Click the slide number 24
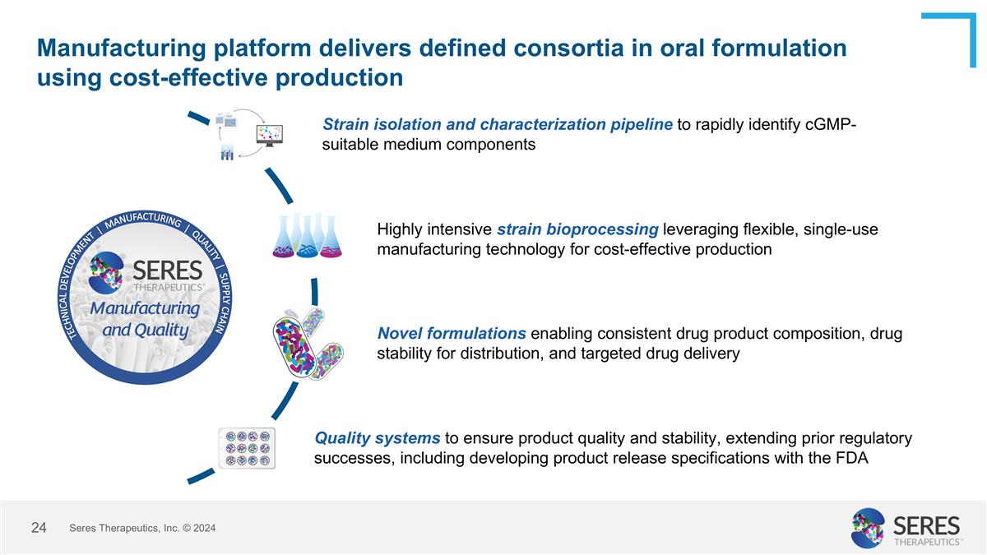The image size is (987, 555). pyautogui.click(x=39, y=528)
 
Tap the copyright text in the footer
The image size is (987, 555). pyautogui.click(x=142, y=529)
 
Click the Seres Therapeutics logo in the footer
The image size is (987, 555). pyautogui.click(x=906, y=528)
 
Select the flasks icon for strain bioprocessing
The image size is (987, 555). pyautogui.click(x=307, y=236)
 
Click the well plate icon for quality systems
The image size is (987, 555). pyautogui.click(x=247, y=448)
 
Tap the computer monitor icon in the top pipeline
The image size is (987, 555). pyautogui.click(x=269, y=135)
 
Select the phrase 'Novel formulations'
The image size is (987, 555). pyautogui.click(x=452, y=334)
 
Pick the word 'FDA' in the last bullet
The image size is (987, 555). pyautogui.click(x=851, y=459)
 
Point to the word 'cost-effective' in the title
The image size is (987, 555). pyautogui.click(x=183, y=77)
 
